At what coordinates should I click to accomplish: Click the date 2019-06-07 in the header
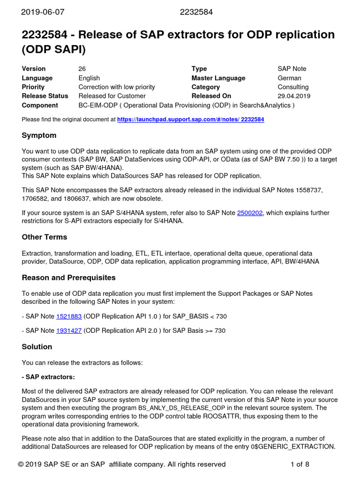42,12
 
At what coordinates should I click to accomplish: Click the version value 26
82,69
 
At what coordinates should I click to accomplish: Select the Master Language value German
289,78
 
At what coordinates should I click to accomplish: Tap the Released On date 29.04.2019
294,96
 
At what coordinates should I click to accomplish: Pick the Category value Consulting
293,87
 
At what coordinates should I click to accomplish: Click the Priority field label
33,87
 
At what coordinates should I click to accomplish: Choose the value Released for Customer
112,96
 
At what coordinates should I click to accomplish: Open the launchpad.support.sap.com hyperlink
190,120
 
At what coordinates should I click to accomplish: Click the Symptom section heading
39,135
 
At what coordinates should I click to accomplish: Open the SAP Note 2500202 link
250,213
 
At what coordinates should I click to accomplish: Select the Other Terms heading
45,237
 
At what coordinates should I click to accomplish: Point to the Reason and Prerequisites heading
68,278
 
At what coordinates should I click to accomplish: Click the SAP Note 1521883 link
69,316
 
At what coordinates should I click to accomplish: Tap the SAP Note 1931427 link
69,330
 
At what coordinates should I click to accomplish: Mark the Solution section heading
37,347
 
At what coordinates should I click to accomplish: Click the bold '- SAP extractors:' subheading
48,377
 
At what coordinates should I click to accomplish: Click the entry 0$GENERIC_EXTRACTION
293,447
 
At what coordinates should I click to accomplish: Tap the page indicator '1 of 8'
300,465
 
